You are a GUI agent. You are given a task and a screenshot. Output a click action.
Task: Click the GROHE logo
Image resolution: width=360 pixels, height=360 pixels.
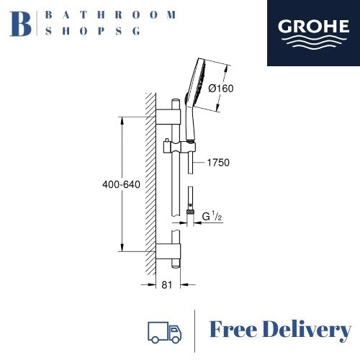[x=313, y=33]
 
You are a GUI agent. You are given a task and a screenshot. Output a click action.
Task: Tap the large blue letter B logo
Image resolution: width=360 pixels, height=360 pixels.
[x=20, y=24]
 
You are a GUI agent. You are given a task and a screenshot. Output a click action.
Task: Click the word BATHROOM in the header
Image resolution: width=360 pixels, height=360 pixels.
[x=111, y=15]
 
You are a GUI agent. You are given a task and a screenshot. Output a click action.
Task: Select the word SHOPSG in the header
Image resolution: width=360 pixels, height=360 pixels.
[x=93, y=31]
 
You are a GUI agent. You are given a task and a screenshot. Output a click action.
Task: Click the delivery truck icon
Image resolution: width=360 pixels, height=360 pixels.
[x=164, y=333]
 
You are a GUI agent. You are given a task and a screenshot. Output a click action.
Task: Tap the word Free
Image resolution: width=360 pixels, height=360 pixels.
[x=233, y=330]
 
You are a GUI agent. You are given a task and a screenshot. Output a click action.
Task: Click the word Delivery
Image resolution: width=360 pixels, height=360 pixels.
[x=307, y=330]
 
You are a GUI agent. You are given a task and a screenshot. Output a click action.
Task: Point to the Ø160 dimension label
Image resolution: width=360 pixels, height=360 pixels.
[x=221, y=89]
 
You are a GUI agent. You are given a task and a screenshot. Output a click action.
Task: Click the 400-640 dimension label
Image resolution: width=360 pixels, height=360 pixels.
[x=121, y=184]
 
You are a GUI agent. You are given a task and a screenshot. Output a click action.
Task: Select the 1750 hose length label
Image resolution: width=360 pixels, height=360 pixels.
[x=218, y=163]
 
